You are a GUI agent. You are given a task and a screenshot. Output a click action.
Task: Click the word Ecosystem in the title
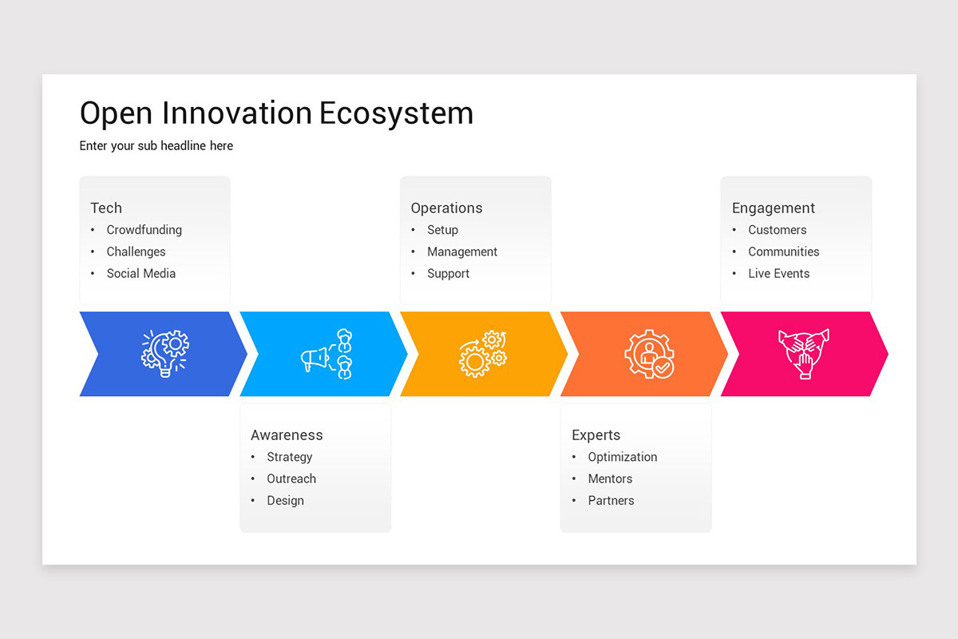(x=396, y=113)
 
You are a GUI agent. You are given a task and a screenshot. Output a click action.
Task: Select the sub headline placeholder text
(x=156, y=146)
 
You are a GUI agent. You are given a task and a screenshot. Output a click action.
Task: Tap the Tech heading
(x=106, y=208)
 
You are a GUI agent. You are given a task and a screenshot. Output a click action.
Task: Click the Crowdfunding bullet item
(x=144, y=230)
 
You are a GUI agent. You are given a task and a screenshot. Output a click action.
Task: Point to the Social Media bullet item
(x=141, y=273)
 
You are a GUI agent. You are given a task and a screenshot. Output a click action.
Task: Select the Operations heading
(x=446, y=208)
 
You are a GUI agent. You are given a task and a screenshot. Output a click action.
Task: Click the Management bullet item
(x=462, y=252)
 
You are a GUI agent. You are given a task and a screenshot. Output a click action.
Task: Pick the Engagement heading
(x=773, y=208)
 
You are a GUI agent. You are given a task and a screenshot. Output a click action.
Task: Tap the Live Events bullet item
(x=778, y=273)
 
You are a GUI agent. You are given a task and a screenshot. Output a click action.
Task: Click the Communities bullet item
(x=783, y=252)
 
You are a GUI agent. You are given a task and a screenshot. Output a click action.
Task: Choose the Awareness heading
(x=287, y=435)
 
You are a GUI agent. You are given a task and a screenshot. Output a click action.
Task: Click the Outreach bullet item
(x=291, y=478)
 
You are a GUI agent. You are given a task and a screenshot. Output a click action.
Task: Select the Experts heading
(x=596, y=435)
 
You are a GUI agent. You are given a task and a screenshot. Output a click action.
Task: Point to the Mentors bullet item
(x=610, y=478)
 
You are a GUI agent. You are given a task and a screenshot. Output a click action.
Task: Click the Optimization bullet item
(x=623, y=457)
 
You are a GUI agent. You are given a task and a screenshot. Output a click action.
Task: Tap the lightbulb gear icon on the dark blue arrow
(x=165, y=353)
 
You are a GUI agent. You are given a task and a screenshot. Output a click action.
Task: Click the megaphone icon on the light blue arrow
(x=327, y=354)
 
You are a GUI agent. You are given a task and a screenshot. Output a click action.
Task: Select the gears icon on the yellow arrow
(x=483, y=354)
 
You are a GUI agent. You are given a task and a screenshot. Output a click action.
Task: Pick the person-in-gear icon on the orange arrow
(x=648, y=354)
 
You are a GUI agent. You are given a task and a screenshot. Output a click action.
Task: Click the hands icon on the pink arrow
(x=804, y=353)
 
